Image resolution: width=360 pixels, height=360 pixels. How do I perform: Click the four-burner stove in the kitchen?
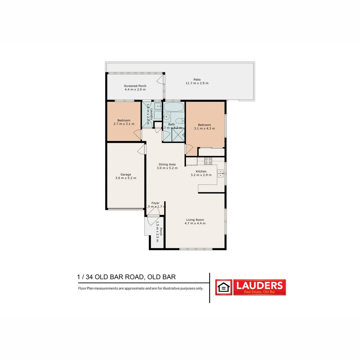coord(208,161)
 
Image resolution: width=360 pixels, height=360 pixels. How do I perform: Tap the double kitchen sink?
coord(220,173)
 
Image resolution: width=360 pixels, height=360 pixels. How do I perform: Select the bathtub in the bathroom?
coord(174,107)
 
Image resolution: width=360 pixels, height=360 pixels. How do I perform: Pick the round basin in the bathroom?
coord(166,117)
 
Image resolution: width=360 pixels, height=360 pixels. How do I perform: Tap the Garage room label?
coord(126,174)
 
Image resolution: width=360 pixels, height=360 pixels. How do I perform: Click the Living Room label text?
coord(195,220)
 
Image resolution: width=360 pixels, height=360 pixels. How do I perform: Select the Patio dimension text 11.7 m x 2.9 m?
coord(197,83)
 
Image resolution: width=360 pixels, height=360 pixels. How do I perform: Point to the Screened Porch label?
coord(135,86)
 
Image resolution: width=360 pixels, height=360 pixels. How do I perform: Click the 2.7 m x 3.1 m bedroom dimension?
coord(124,124)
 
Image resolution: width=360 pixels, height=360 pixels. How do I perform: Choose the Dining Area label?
coord(167,164)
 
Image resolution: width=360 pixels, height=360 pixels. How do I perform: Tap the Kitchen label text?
coord(201,171)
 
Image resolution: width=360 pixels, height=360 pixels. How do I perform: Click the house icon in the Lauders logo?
coord(224,287)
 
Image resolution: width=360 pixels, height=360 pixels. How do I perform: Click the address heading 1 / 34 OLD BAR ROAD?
coord(126,277)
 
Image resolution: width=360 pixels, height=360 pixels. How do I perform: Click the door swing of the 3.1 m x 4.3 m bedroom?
coord(189,149)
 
